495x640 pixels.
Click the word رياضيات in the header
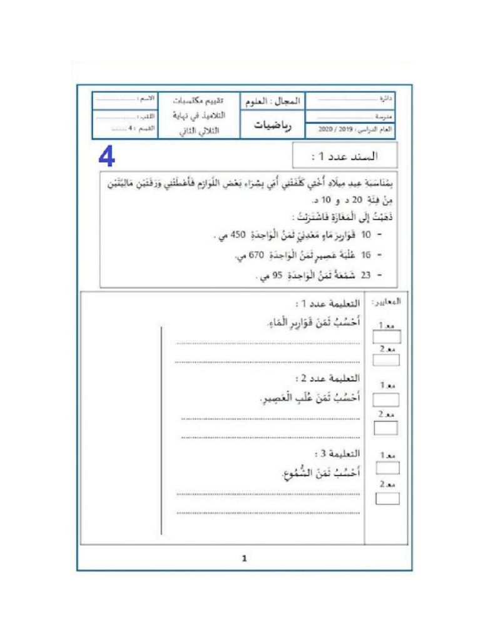[x=272, y=125]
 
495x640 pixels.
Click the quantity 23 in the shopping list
[x=366, y=275]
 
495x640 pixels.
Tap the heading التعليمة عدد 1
[x=329, y=304]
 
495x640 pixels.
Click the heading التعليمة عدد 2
[x=329, y=379]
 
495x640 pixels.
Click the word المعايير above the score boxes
[x=387, y=301]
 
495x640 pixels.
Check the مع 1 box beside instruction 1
[x=386, y=337]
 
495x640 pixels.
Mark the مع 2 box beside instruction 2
[x=386, y=428]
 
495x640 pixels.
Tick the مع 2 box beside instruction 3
[x=387, y=498]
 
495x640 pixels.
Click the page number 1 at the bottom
[x=245, y=558]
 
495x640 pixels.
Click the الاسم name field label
[x=146, y=99]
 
